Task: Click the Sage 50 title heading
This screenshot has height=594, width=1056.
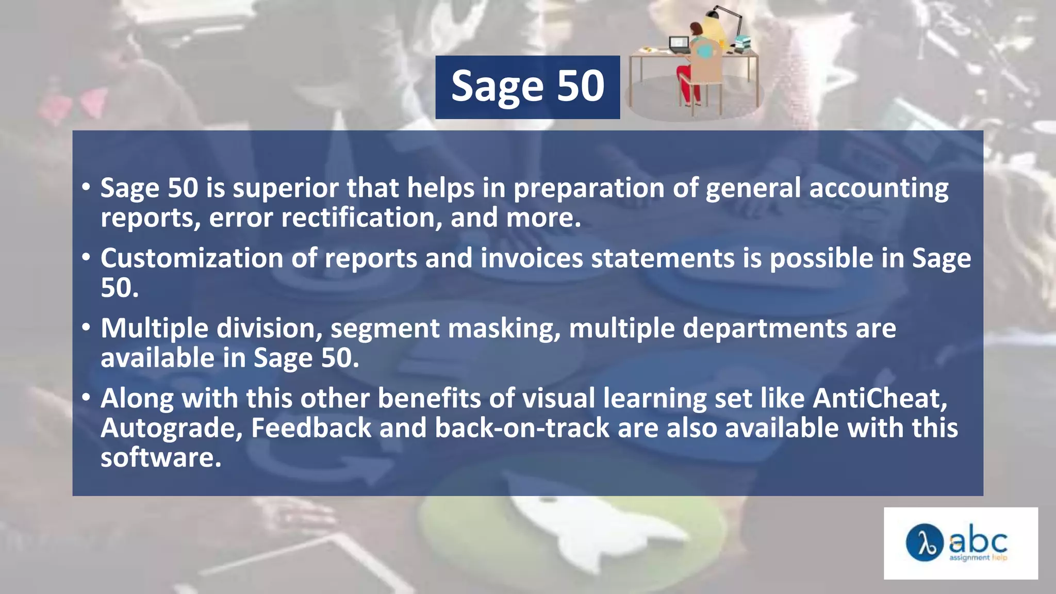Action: point(527,87)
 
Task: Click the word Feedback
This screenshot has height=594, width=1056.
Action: point(311,428)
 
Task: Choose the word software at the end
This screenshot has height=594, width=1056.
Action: point(161,458)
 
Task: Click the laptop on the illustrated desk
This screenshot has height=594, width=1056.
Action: point(679,44)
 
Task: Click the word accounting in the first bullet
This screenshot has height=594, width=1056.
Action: point(879,188)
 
